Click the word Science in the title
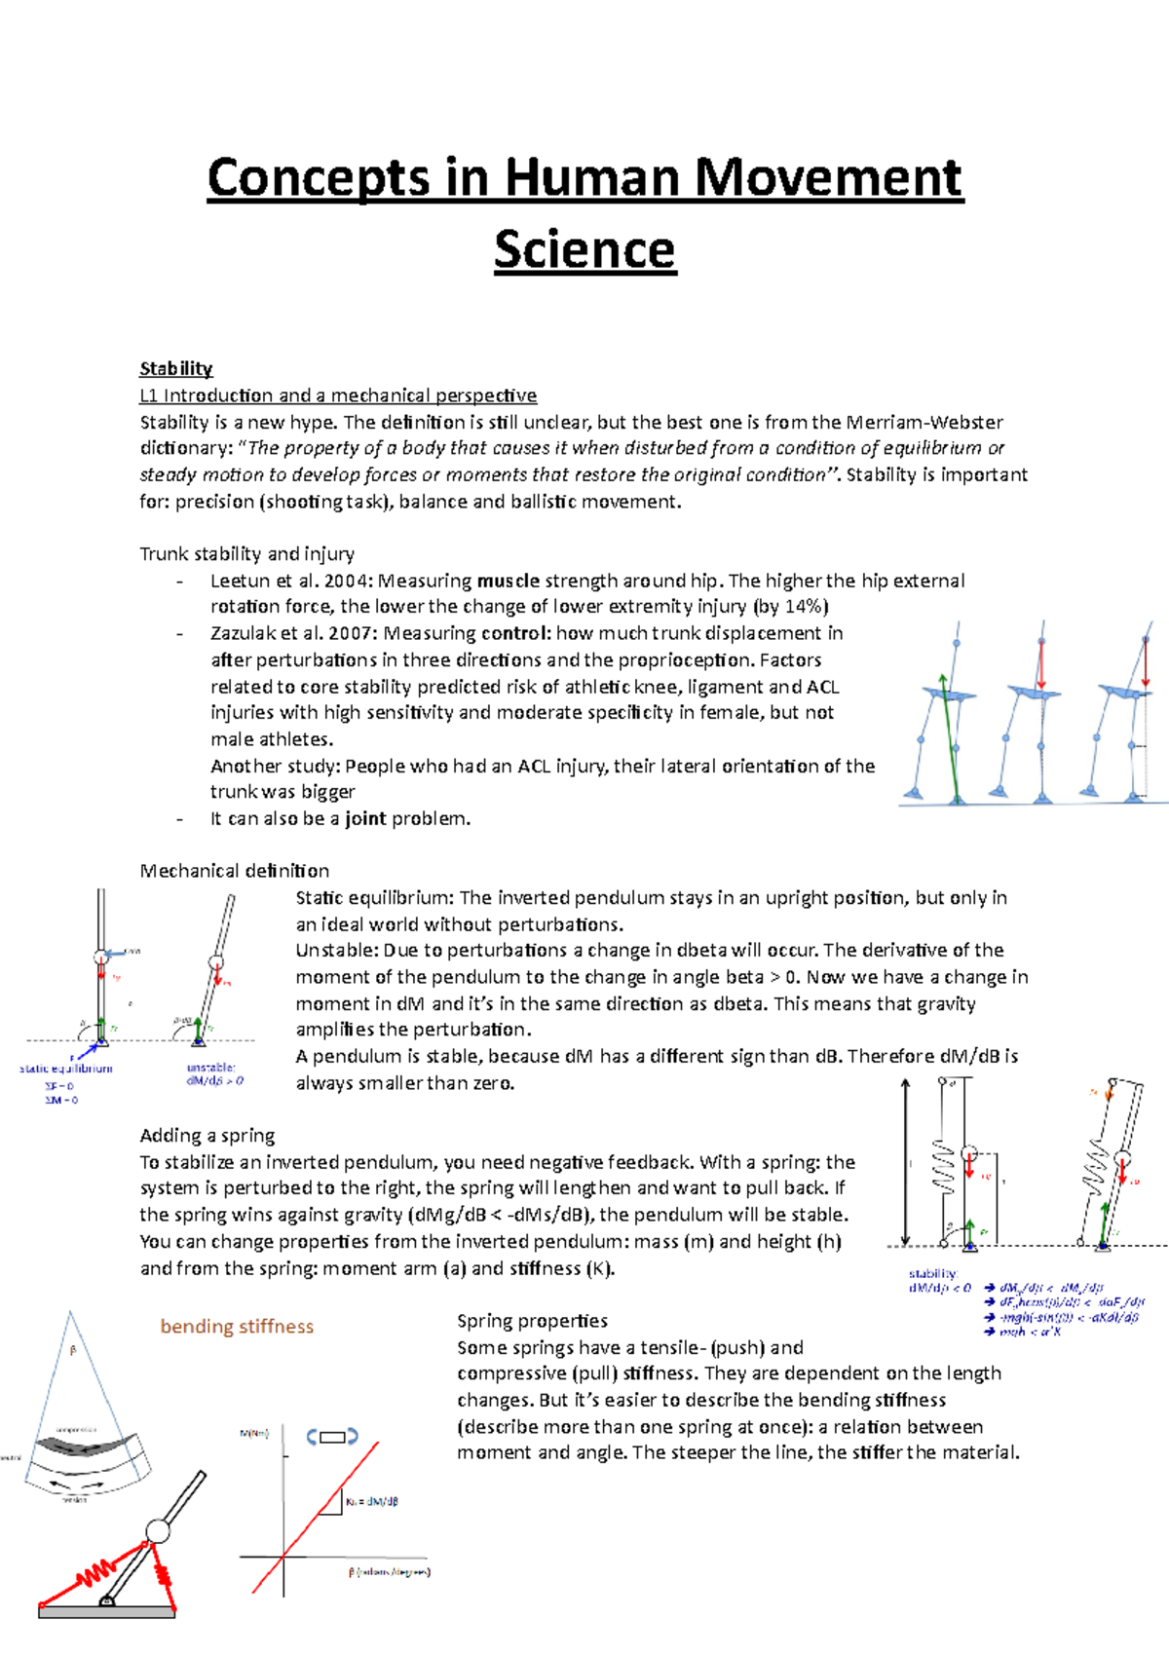[584, 250]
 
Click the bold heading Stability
[175, 368]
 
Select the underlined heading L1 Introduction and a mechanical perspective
[338, 395]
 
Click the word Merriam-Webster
[924, 422]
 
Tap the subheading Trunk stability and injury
[246, 553]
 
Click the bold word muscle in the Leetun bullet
[508, 581]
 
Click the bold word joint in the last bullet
[365, 818]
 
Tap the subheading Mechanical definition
[234, 871]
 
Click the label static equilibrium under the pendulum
[66, 1069]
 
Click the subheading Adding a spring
[207, 1135]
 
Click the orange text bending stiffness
[237, 1326]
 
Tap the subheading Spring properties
[532, 1321]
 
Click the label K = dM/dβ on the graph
[371, 1501]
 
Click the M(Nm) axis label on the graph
[254, 1433]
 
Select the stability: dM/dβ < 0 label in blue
[938, 1280]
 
